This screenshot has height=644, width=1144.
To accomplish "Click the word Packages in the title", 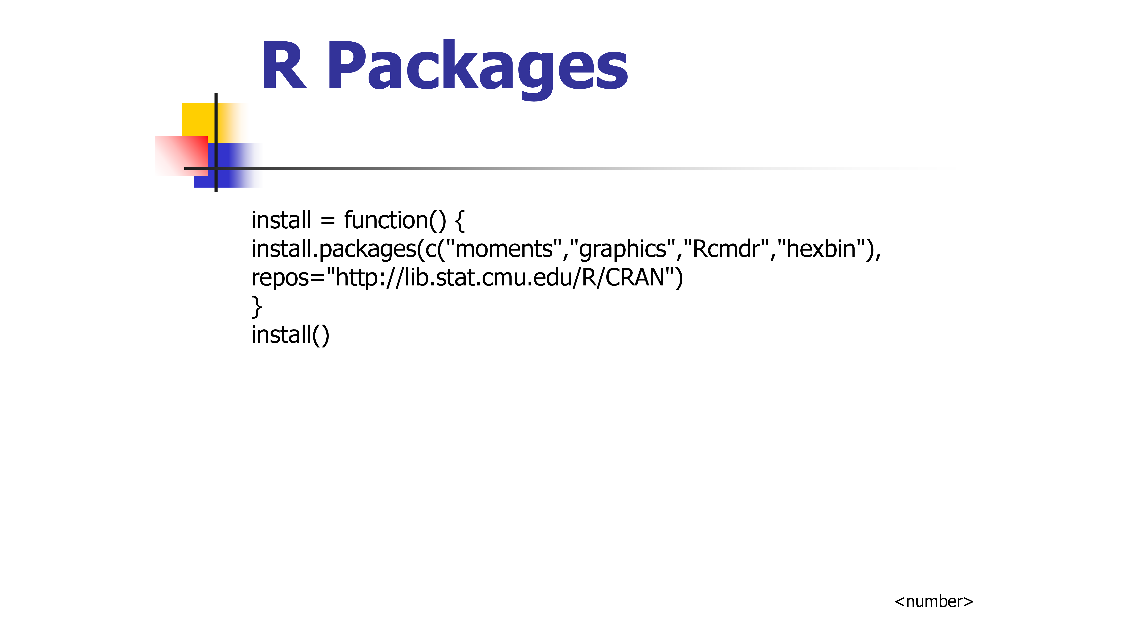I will (x=477, y=67).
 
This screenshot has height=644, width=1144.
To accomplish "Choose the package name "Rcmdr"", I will (x=726, y=249).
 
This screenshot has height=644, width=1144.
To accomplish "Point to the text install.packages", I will (x=333, y=249).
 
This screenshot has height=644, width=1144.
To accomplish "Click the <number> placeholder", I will (x=934, y=601).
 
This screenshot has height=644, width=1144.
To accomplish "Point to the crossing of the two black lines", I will (x=216, y=169).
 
